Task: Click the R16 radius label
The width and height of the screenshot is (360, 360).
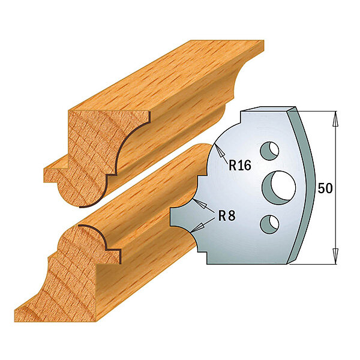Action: point(240,165)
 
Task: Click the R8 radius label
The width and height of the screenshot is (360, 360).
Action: point(227,216)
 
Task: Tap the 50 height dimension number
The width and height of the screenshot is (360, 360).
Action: point(325,188)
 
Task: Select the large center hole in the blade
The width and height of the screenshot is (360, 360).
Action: point(279,187)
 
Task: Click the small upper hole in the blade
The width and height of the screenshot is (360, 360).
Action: point(269,151)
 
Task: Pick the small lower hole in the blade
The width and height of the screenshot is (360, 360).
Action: point(269,224)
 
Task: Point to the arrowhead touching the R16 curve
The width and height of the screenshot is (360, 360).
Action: point(218,151)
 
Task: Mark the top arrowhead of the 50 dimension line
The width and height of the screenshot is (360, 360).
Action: point(335,118)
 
